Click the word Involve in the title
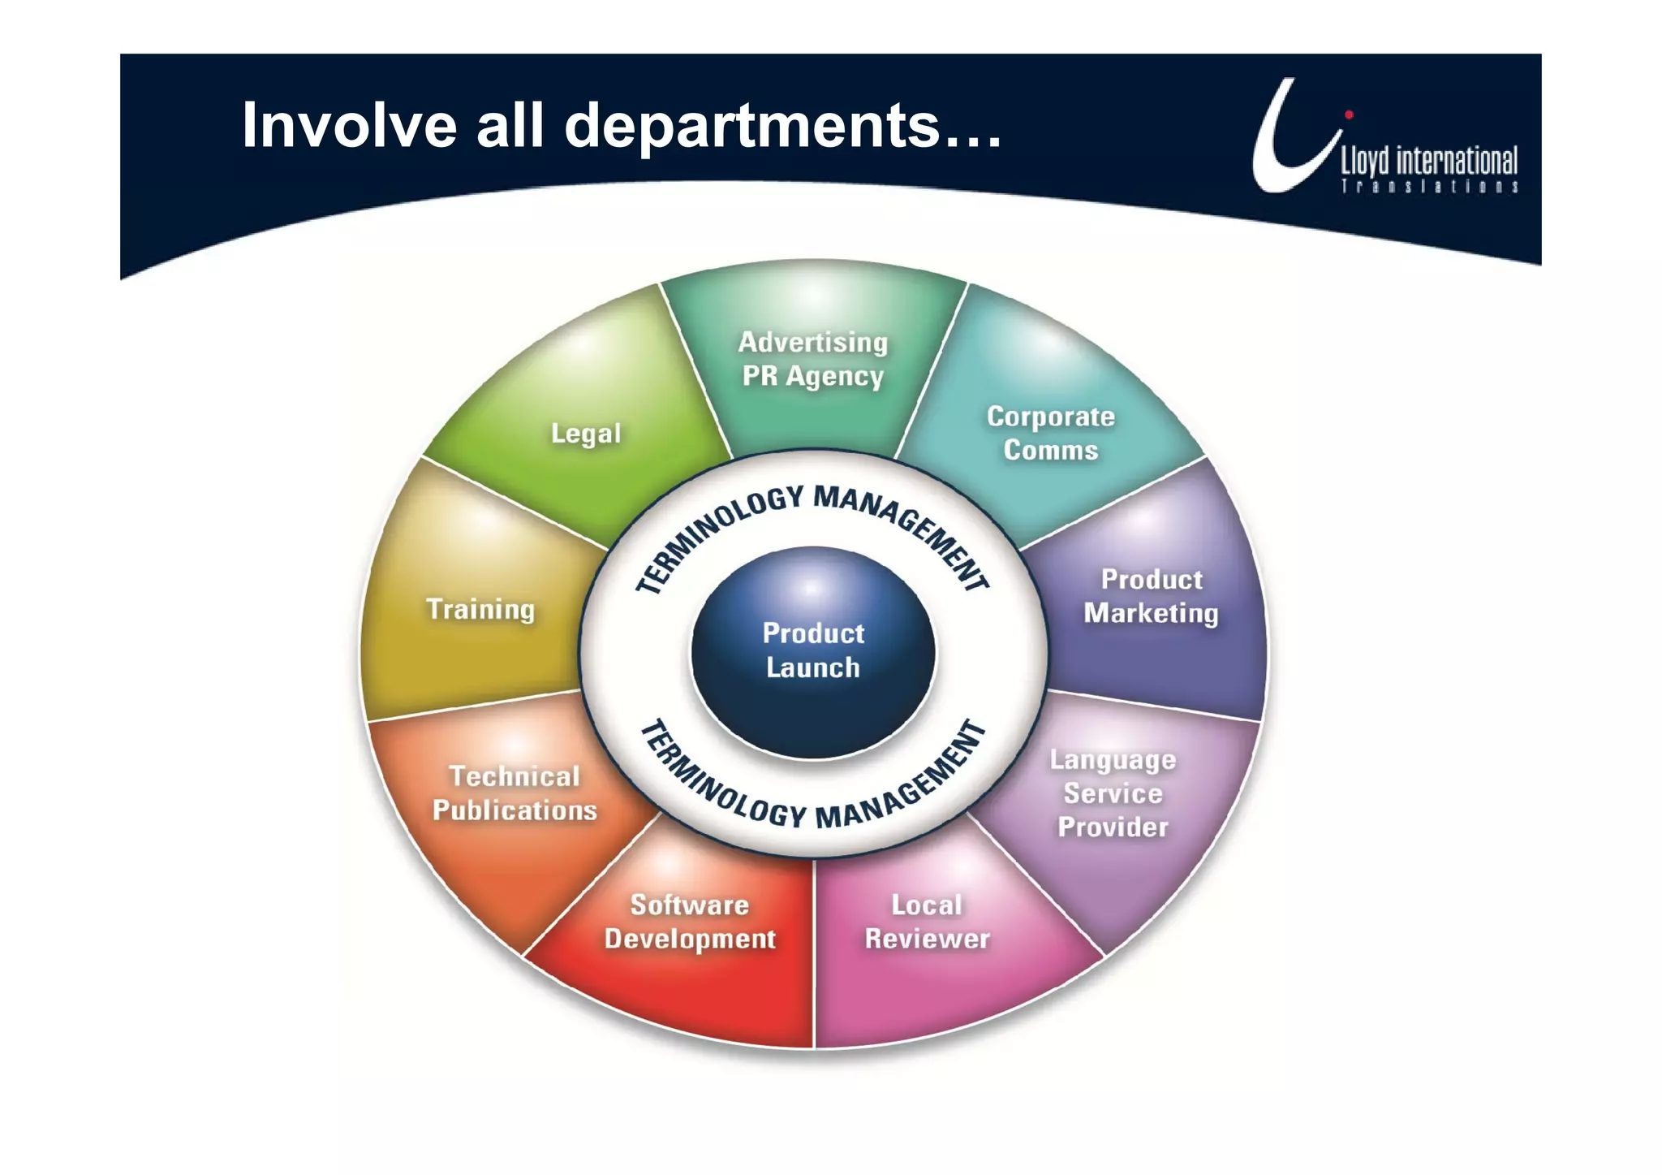(x=349, y=126)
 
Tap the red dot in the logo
(x=1349, y=114)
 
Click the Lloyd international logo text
(x=1428, y=161)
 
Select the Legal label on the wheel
(x=585, y=434)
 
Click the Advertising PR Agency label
(x=812, y=359)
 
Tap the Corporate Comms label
(x=1050, y=433)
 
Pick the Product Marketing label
(x=1151, y=596)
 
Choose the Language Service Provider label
(x=1113, y=793)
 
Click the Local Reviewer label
(x=927, y=922)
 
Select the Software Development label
(x=690, y=922)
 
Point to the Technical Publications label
(x=515, y=793)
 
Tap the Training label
(x=480, y=609)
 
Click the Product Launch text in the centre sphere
(x=813, y=650)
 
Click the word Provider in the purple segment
(x=1113, y=827)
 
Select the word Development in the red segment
(x=690, y=940)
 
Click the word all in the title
(x=510, y=126)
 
